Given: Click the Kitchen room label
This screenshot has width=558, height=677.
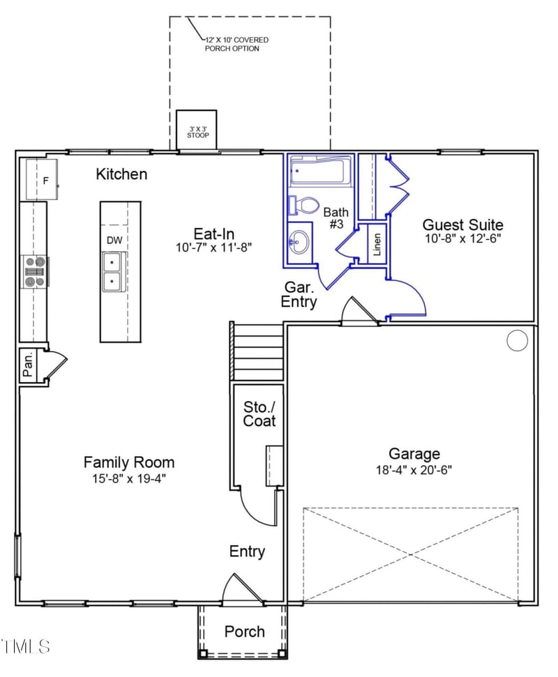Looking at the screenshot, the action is click(121, 174).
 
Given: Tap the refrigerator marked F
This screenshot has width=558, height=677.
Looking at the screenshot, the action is click(42, 180).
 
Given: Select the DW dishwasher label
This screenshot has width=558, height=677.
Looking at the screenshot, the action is click(114, 240).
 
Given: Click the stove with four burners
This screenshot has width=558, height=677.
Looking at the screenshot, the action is click(35, 272).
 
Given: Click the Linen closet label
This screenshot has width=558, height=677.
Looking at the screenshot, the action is click(377, 244).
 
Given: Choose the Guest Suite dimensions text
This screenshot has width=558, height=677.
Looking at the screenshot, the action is click(463, 238).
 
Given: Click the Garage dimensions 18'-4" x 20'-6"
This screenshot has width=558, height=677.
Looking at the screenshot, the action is click(414, 469).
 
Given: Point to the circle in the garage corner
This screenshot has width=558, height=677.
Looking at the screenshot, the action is click(517, 340).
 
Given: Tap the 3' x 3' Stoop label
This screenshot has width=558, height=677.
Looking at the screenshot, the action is click(198, 132).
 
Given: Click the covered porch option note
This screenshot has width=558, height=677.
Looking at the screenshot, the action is click(236, 44).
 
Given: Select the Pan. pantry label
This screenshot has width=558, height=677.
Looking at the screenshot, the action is click(28, 365).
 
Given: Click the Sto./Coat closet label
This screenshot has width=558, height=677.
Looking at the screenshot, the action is click(259, 413).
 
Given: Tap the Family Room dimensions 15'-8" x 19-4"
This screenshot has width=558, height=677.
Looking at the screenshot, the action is click(129, 478).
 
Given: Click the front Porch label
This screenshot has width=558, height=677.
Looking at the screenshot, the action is click(244, 632).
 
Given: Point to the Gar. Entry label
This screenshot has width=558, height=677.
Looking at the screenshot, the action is click(299, 294).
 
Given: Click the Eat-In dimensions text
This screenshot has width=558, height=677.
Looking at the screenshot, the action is click(214, 248).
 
